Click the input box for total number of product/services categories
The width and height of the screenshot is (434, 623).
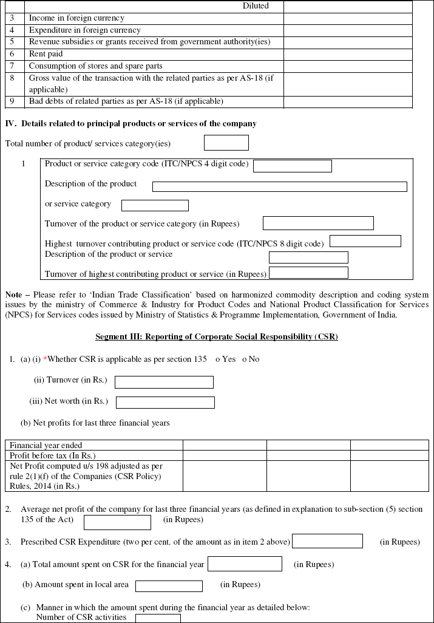(x=226, y=143)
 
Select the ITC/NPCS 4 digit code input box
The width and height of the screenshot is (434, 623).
(x=292, y=166)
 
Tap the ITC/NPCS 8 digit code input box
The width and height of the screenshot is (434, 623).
(x=365, y=241)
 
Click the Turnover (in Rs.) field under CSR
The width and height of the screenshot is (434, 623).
(x=164, y=382)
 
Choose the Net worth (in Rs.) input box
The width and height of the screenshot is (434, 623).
(x=165, y=403)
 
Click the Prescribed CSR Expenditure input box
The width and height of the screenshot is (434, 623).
(x=327, y=541)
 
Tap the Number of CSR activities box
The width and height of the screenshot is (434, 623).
(x=158, y=618)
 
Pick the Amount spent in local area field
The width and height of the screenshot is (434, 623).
(x=169, y=586)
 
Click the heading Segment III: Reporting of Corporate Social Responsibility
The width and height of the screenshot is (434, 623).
(x=217, y=336)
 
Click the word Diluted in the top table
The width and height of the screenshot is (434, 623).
(x=255, y=6)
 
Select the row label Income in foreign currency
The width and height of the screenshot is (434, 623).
(x=76, y=18)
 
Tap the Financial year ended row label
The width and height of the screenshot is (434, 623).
(x=46, y=445)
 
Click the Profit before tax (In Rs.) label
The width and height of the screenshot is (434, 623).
(x=53, y=455)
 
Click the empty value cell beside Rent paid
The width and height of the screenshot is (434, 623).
(x=347, y=54)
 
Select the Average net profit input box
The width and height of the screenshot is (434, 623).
(x=117, y=522)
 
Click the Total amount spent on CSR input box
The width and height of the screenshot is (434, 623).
(x=245, y=564)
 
